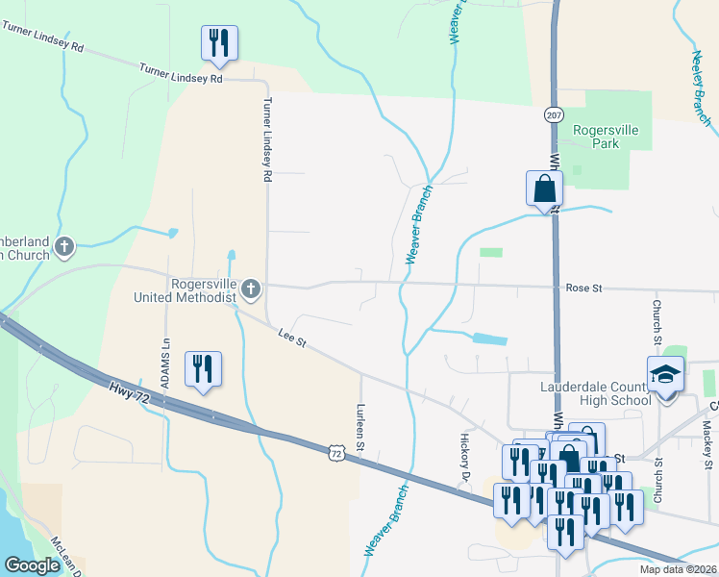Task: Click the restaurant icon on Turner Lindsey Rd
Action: coord(219,42)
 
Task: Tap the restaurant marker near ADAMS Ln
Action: coord(204,368)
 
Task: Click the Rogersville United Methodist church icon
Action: coord(250,288)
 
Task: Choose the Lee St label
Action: coord(291,338)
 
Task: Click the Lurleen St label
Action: coord(360,427)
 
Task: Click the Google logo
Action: coord(32,565)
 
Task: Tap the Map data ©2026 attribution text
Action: coord(678,569)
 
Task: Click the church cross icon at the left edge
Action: coord(64,247)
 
